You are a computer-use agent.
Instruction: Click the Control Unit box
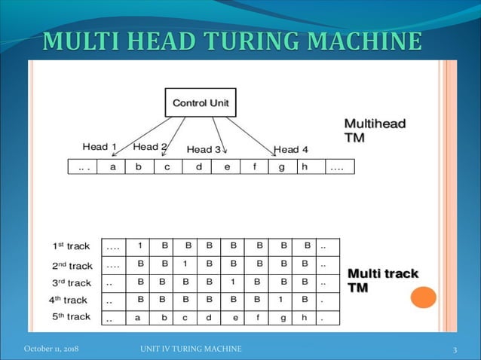point(200,102)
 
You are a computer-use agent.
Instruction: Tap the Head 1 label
point(100,147)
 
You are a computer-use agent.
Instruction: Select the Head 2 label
point(149,147)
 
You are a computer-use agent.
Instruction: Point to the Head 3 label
point(204,149)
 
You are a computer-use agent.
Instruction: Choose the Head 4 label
point(291,149)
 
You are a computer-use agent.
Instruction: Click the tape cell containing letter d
point(198,167)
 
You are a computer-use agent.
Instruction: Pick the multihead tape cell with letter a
point(113,167)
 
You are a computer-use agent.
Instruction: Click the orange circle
point(423,297)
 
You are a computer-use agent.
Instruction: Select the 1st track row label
point(71,246)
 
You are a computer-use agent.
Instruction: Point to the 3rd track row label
point(71,283)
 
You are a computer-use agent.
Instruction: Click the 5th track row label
point(71,317)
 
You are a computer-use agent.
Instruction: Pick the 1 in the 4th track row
point(280,300)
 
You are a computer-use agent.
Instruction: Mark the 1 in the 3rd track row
point(234,282)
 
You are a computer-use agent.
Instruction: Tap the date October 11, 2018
point(51,349)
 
